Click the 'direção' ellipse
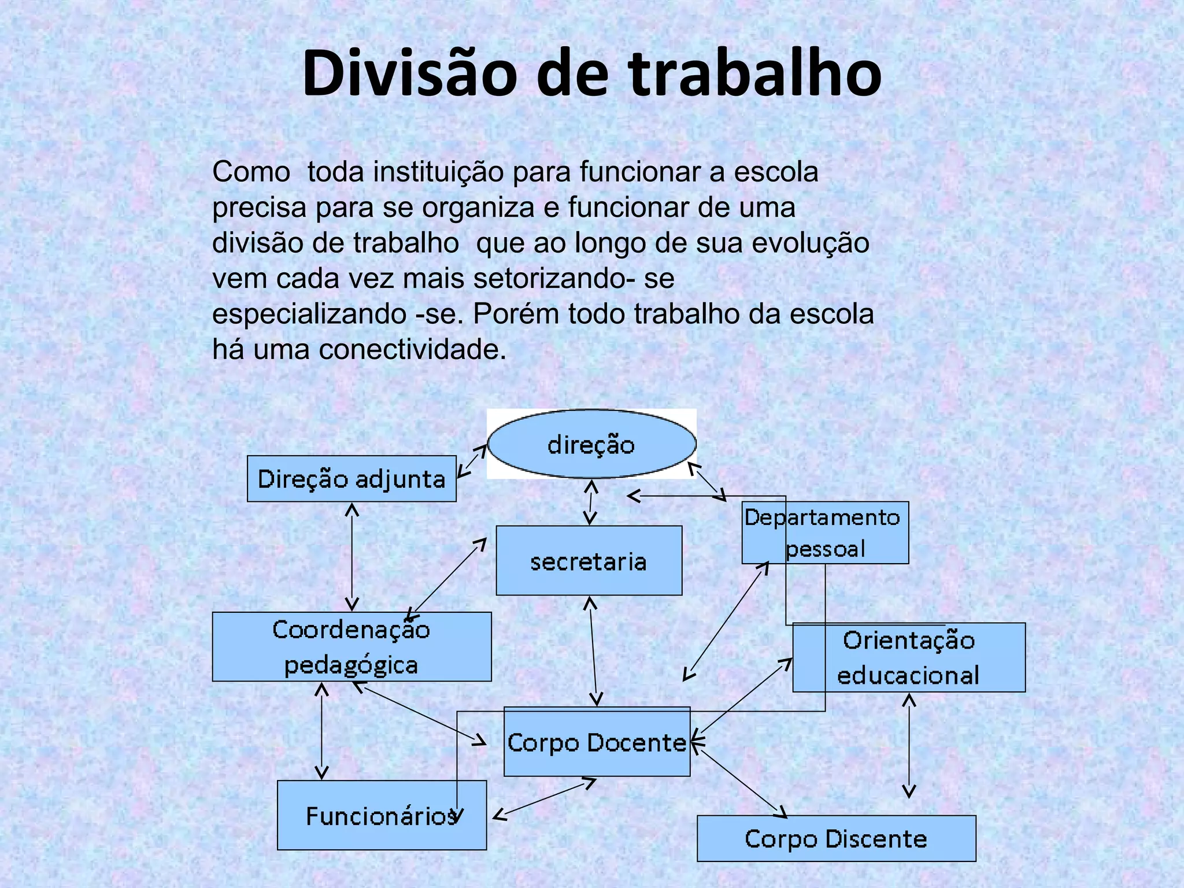(591, 444)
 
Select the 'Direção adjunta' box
(351, 479)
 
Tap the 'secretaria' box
(589, 561)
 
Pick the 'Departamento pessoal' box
(825, 532)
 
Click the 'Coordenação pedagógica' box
(351, 647)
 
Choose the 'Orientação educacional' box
(909, 657)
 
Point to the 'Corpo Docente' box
(597, 742)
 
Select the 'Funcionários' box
(382, 815)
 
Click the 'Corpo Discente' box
(836, 838)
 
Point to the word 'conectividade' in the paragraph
(412, 349)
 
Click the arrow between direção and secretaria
(590, 502)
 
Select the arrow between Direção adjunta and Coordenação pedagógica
(352, 557)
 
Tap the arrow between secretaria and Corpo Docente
(593, 651)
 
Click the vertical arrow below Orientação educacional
(909, 746)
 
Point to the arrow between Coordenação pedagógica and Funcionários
(322, 731)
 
